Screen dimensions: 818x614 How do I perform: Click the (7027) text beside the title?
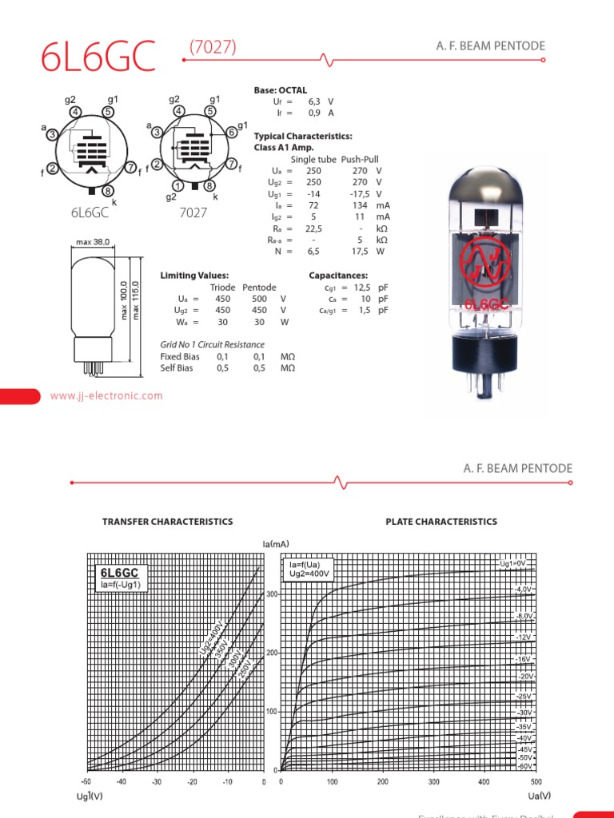coord(213,47)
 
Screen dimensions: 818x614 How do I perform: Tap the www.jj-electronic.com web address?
coord(106,395)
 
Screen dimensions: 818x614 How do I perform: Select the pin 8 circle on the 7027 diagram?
coord(209,186)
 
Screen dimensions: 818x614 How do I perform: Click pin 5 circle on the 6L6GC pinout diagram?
coord(108,112)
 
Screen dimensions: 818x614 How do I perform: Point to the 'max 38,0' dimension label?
coord(93,242)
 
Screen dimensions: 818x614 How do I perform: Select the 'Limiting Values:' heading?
coord(194,275)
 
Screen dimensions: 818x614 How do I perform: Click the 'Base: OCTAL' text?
coord(281,90)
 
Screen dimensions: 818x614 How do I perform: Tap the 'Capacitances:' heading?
coord(338,275)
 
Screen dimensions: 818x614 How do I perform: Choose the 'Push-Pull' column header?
coord(360,159)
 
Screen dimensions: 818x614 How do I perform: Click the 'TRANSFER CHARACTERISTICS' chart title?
coord(168,522)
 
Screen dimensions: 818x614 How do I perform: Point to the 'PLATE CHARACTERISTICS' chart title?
coord(441,522)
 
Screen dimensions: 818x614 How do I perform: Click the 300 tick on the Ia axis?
coord(271,594)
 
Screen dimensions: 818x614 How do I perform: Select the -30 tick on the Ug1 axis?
coord(157,781)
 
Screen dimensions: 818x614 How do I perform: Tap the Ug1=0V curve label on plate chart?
coord(512,564)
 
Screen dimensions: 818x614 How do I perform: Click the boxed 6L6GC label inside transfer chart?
coord(119,573)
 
